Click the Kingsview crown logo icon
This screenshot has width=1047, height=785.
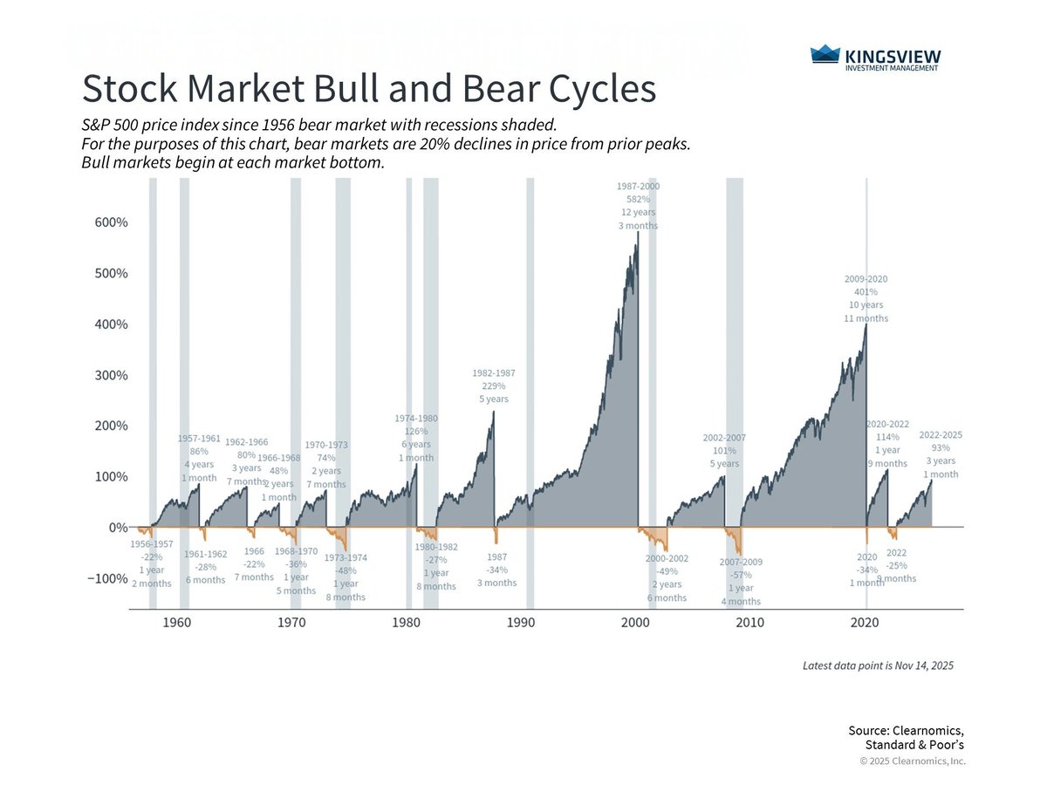[825, 55]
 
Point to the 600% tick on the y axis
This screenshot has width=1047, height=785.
[111, 222]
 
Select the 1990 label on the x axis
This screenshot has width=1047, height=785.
[521, 622]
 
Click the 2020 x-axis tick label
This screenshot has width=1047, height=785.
[865, 622]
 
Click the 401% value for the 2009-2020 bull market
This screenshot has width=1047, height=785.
[866, 292]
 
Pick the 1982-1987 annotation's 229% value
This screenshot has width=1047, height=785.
[493, 386]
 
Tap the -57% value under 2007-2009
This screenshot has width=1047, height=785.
[741, 576]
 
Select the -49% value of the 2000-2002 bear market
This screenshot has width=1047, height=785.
[666, 571]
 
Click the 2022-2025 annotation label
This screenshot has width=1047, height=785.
[941, 434]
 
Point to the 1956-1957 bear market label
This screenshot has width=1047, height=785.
[152, 544]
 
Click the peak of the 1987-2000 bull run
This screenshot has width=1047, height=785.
[638, 234]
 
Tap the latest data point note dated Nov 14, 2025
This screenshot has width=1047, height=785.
[878, 666]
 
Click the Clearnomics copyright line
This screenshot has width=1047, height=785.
[913, 761]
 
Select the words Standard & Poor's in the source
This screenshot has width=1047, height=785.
[914, 745]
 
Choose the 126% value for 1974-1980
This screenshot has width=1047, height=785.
[416, 431]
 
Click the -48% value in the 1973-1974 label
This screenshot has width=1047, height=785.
[345, 571]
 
